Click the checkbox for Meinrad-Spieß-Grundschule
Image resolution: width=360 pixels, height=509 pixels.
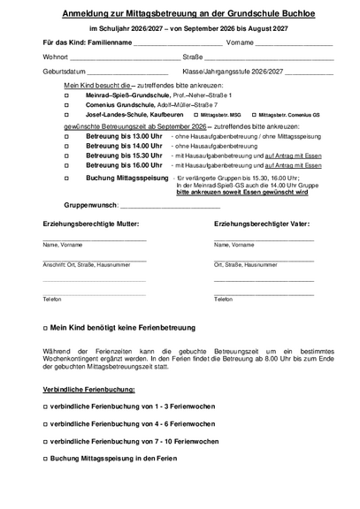[x=66, y=95]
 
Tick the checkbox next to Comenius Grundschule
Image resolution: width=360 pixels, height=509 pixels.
[x=66, y=104]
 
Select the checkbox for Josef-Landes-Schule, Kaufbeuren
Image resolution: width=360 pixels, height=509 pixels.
[x=66, y=115]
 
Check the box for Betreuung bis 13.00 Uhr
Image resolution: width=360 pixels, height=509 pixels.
[x=66, y=136]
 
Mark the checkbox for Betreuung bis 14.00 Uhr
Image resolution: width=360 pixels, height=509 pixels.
[x=66, y=146]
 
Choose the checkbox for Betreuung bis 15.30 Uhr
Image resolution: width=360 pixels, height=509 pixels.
[x=66, y=156]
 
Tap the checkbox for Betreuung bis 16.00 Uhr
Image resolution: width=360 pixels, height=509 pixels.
[x=66, y=165]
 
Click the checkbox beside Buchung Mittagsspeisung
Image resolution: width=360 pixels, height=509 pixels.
[x=66, y=179]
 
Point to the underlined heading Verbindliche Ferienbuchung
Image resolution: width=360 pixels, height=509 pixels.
[x=89, y=389]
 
